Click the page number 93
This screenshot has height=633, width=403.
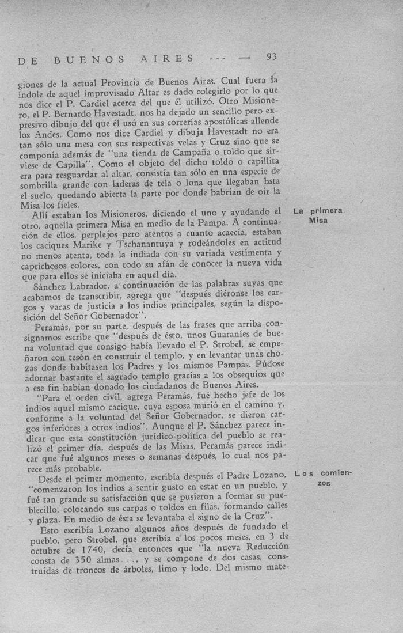(272, 56)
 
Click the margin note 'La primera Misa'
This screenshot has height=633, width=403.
(318, 215)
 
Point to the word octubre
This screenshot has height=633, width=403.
(40, 549)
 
